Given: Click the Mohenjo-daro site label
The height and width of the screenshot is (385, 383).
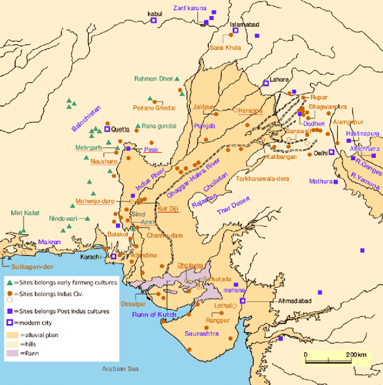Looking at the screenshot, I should click(x=96, y=202).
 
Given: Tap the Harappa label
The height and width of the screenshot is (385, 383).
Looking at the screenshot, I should click(x=251, y=110).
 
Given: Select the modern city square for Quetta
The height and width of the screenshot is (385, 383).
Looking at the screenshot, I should click(x=107, y=129).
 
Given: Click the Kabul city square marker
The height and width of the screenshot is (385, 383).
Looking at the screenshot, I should click(x=153, y=20).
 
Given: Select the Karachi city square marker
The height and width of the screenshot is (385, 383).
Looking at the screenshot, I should click(x=113, y=257).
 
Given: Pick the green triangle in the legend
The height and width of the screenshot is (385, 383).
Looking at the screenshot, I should click(x=9, y=282).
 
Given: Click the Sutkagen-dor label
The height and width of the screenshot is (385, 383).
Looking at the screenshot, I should click(x=23, y=263).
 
